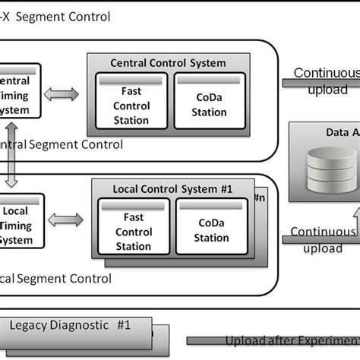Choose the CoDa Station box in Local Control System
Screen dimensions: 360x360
click(x=212, y=226)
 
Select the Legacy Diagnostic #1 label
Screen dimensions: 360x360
click(x=71, y=325)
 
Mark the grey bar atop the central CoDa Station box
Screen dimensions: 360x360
click(x=210, y=80)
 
